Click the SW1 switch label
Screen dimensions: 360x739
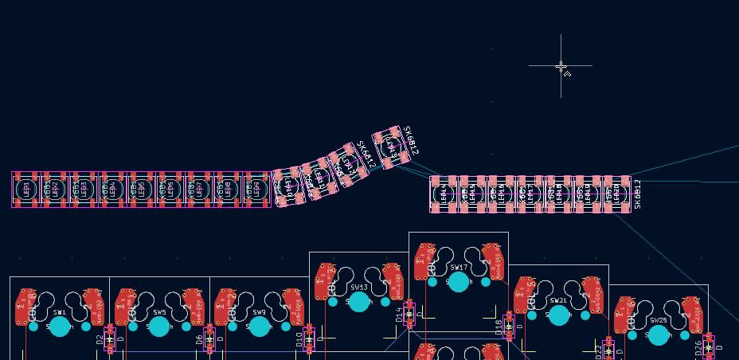point(59,313)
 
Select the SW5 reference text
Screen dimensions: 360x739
point(159,313)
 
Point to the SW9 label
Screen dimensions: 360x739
point(259,313)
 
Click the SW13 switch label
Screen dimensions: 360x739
point(359,288)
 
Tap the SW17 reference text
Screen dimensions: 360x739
point(459,268)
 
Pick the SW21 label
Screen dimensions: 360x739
point(559,301)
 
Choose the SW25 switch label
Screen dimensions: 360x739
point(659,320)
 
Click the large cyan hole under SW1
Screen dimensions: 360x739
point(60,327)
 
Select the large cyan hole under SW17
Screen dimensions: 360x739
point(459,282)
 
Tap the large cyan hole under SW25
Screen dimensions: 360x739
point(659,335)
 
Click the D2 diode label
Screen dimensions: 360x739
point(100,340)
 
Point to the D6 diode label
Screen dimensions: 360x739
point(200,340)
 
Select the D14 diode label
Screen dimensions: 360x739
point(400,315)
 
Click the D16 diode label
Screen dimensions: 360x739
point(499,327)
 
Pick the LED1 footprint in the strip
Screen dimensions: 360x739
point(26,190)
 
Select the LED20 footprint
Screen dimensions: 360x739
point(616,194)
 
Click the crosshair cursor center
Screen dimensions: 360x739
point(561,66)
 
